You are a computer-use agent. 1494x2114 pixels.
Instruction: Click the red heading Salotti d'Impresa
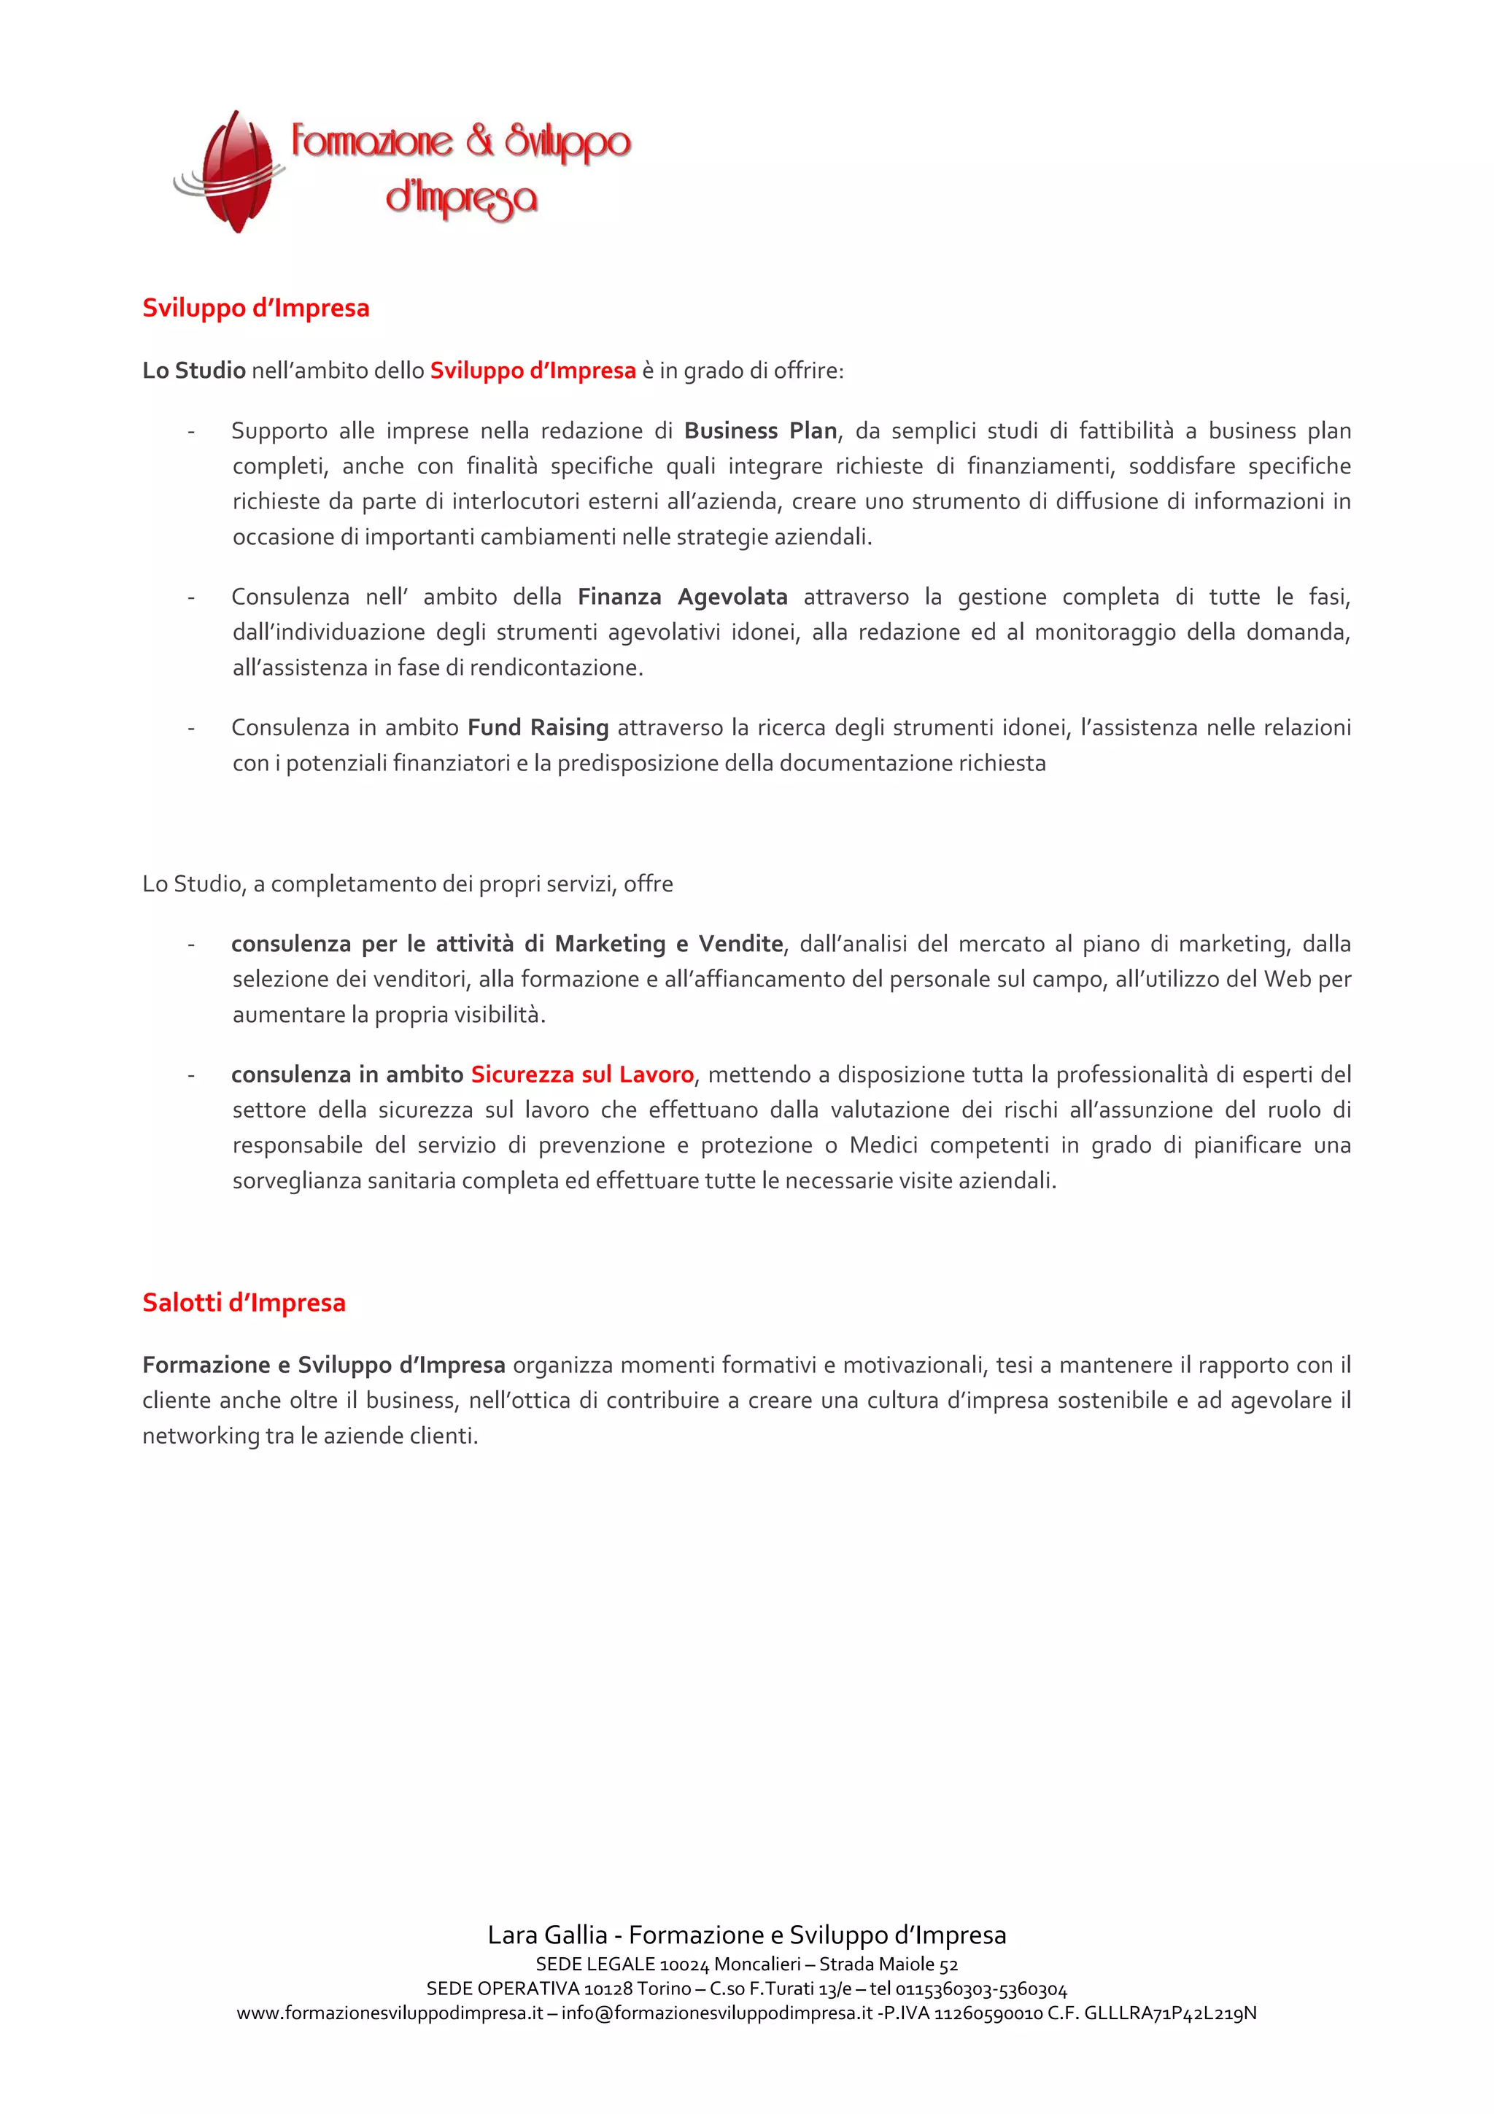[244, 1303]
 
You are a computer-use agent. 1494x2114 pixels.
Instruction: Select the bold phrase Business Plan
[760, 431]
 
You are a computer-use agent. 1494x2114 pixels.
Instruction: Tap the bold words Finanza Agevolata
[682, 597]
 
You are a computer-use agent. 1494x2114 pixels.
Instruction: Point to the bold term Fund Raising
[538, 727]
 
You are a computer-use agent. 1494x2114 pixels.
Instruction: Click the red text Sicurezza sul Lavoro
[581, 1075]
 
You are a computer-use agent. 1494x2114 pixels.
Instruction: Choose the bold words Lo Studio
[193, 370]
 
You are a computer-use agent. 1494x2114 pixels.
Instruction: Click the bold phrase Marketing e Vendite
[668, 944]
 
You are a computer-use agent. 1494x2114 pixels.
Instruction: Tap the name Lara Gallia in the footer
[547, 1935]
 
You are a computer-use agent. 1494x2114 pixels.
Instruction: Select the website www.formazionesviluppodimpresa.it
[390, 2013]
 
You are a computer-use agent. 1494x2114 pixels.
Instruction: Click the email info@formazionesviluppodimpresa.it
[716, 2013]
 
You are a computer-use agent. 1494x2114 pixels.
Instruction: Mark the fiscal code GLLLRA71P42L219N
[1170, 2013]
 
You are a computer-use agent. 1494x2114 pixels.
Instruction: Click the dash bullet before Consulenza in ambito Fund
[190, 728]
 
